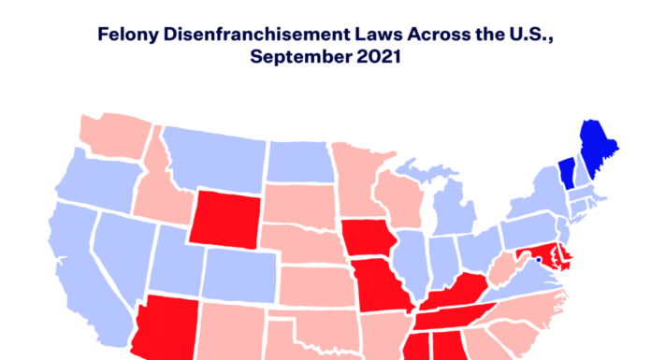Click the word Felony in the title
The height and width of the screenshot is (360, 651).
coord(133,36)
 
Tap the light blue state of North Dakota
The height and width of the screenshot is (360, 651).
coord(299,163)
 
